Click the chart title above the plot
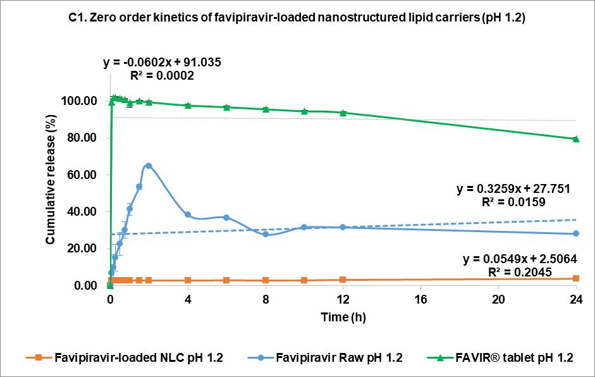tap(297, 20)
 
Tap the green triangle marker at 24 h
tap(576, 139)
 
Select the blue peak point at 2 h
tap(149, 166)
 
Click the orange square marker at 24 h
tap(576, 278)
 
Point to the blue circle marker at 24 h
tap(576, 233)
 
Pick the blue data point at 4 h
tap(188, 214)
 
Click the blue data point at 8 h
tap(266, 234)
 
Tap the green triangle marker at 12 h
tap(343, 113)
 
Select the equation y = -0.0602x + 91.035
tap(162, 63)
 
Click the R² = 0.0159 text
tap(513, 202)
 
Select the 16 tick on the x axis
tap(420, 299)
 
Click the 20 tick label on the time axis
tap(498, 299)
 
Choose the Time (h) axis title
tap(342, 316)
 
